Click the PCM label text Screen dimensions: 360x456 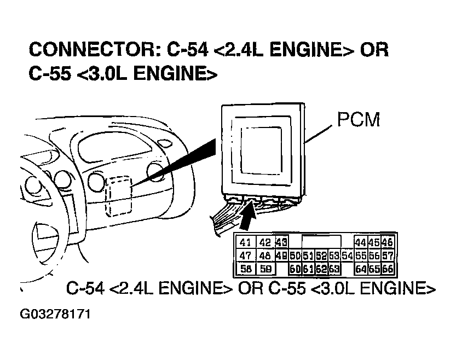358,120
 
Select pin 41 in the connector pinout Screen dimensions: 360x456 246,243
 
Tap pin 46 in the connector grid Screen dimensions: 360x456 388,243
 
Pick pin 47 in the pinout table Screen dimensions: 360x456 246,256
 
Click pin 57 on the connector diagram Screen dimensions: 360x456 388,256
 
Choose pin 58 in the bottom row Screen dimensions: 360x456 246,268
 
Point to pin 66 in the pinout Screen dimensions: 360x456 388,268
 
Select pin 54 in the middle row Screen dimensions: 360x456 347,256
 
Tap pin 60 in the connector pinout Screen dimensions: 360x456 295,268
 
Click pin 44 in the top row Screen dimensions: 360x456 360,243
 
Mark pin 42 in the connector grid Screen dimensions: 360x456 265,243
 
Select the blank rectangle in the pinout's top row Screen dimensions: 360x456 321,243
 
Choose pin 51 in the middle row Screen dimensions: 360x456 308,256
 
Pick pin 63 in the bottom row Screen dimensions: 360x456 334,268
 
